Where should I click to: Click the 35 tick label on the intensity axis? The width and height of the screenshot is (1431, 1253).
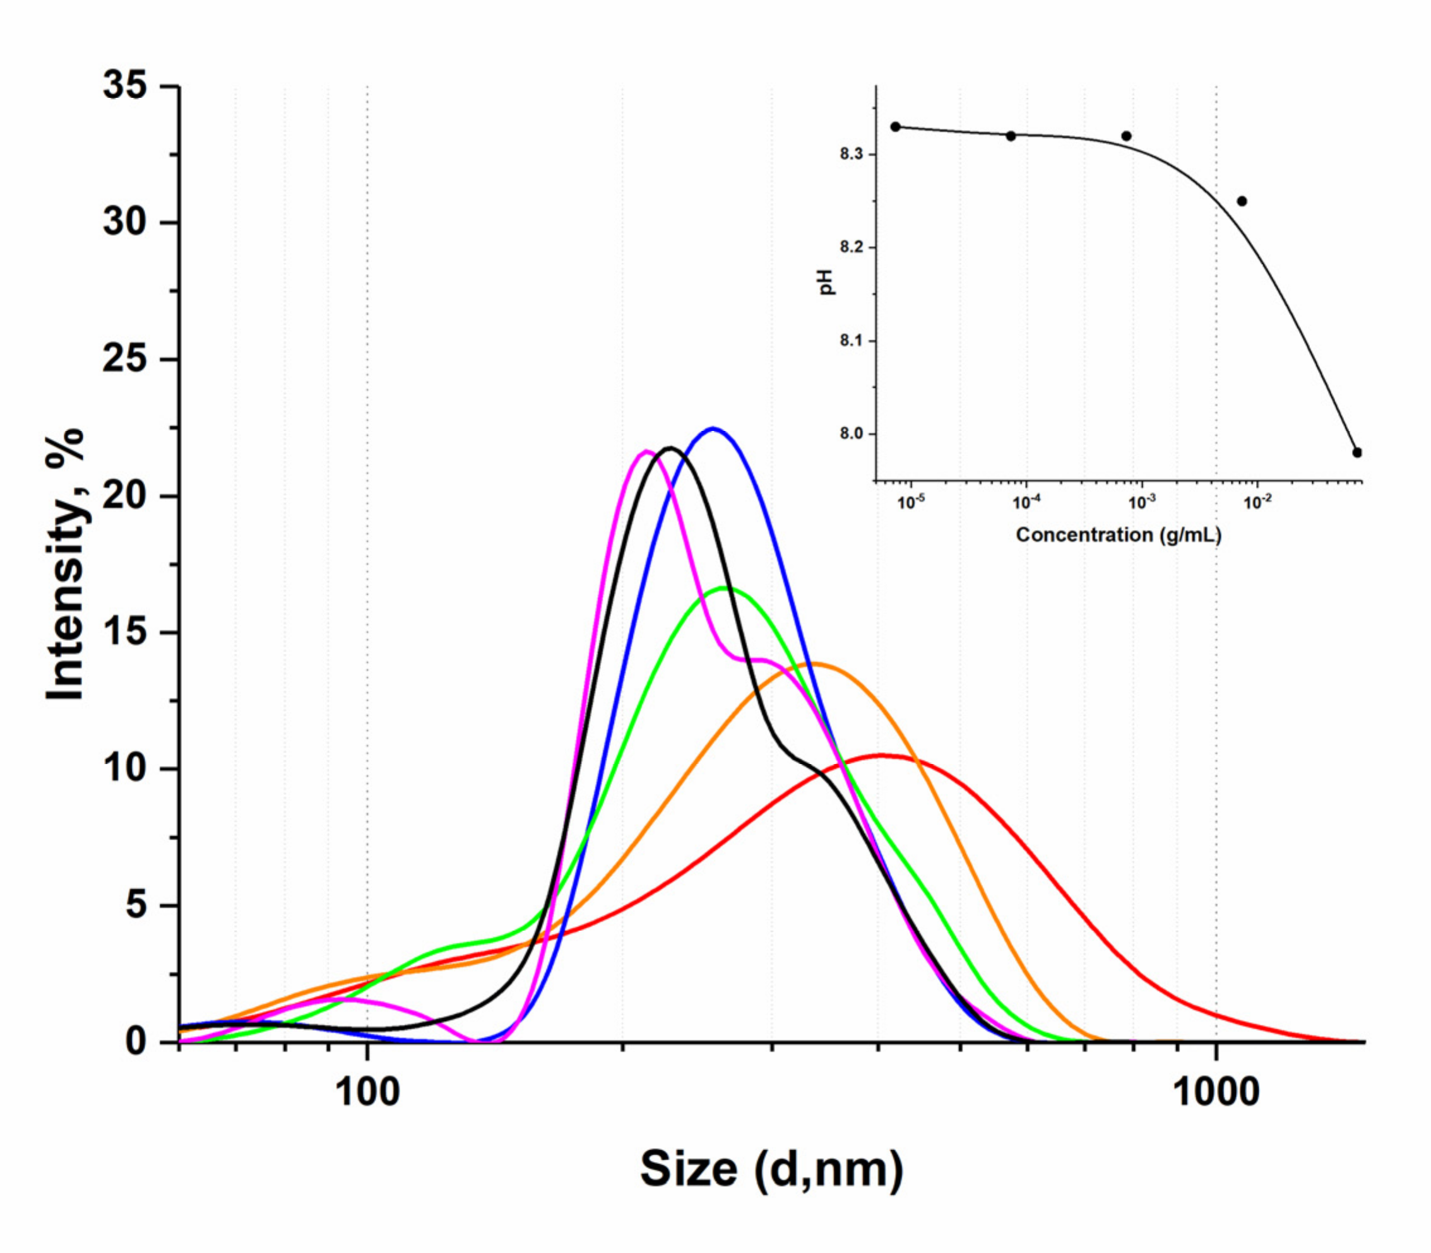point(125,86)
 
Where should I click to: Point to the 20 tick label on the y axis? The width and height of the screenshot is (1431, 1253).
point(125,497)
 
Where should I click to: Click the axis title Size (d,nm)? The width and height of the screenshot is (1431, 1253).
point(771,1169)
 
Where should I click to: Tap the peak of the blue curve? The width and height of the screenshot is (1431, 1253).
point(713,428)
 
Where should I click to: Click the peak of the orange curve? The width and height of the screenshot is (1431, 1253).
point(814,664)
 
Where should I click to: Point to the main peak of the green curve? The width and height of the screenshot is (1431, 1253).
point(726,588)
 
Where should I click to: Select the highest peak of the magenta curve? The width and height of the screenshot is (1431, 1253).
point(646,451)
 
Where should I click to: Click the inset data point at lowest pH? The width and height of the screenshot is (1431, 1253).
point(1357,452)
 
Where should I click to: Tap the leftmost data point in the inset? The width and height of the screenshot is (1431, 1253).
point(895,127)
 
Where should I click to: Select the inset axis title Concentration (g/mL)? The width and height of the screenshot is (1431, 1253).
point(1119,535)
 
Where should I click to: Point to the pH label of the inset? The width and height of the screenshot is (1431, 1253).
point(827,282)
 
